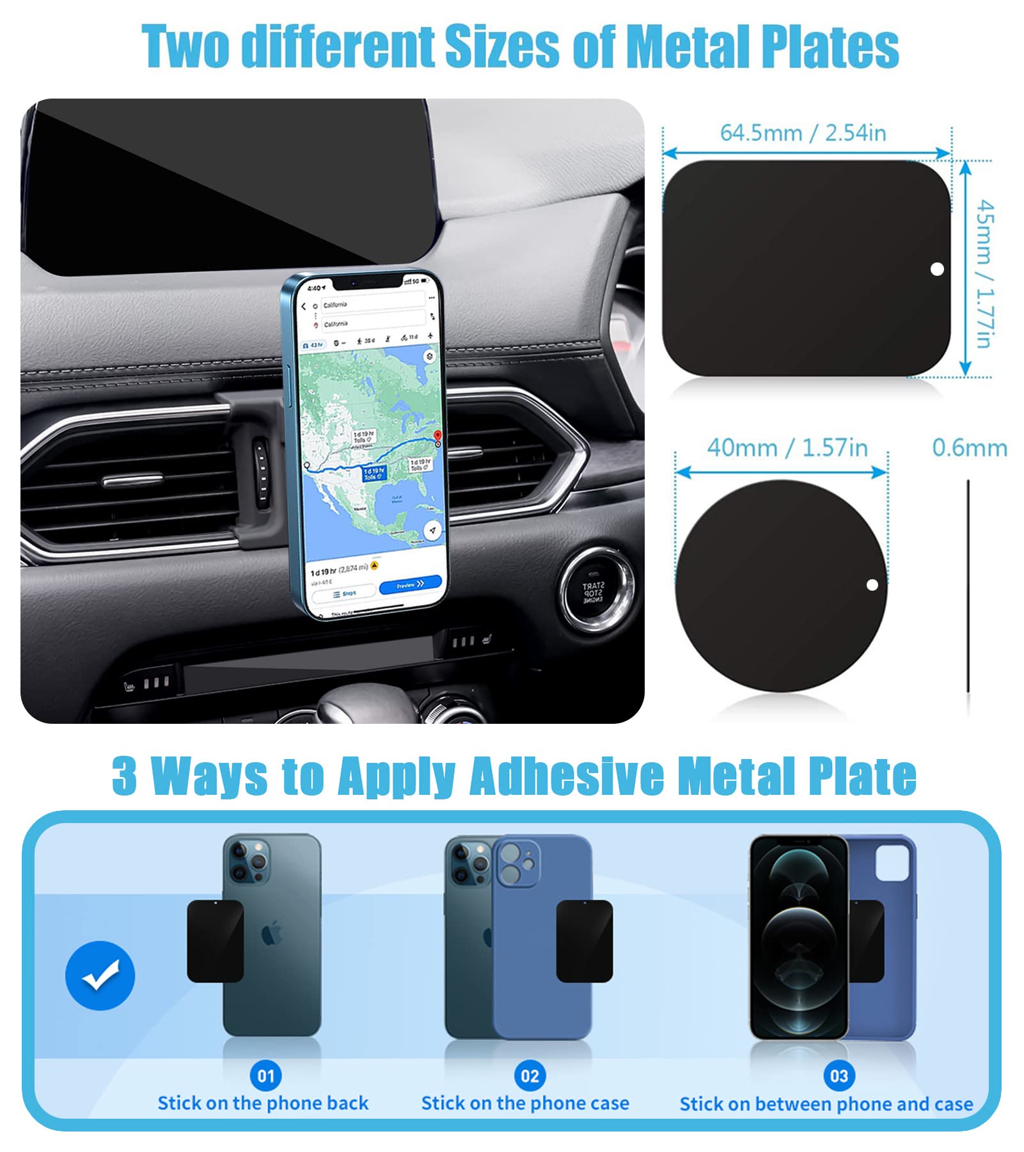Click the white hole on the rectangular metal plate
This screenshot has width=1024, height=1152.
(x=937, y=269)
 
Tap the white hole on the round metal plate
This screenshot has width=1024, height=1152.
(x=872, y=585)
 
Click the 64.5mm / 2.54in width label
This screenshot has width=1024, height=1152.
(x=803, y=133)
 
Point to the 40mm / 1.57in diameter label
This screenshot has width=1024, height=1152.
(x=787, y=448)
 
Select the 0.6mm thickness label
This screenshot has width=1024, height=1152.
(x=969, y=448)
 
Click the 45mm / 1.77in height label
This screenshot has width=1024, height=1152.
(x=985, y=274)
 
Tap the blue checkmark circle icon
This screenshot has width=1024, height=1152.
(x=100, y=975)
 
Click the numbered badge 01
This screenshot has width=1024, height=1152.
(x=265, y=1076)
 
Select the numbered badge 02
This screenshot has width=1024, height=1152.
(x=530, y=1076)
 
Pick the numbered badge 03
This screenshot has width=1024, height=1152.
(x=839, y=1076)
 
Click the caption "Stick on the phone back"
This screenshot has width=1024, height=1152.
(x=263, y=1103)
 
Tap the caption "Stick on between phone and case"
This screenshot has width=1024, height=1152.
(x=826, y=1104)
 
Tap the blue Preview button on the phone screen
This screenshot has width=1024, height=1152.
(x=410, y=585)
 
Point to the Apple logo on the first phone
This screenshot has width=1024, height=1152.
(x=272, y=936)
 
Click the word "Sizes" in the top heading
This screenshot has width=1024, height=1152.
(x=502, y=47)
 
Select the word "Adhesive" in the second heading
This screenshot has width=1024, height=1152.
(x=567, y=776)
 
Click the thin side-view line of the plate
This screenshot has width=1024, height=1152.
(x=968, y=586)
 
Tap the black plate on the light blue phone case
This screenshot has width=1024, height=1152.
(x=584, y=941)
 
